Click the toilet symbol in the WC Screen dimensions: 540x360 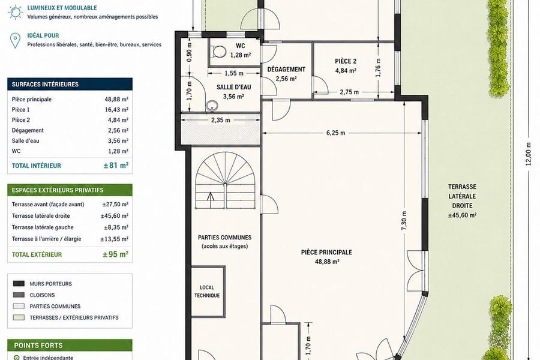pos(217,52)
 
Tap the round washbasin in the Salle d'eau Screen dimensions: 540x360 pos(211,106)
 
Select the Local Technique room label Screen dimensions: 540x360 pos(206,292)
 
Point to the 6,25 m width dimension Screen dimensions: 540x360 pos(335,133)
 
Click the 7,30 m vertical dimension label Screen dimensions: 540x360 pos(404,221)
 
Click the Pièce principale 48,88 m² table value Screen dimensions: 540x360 pos(116,99)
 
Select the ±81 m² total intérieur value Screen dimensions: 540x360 pos(116,166)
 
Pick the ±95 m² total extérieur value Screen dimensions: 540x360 pos(115,254)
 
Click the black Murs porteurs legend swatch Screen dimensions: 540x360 pos(19,284)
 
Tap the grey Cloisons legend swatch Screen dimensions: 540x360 pos(19,295)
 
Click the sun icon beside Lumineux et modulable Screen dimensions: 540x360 pos(15,12)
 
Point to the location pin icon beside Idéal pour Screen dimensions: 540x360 pos(15,41)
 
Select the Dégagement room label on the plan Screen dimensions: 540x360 pos(286,69)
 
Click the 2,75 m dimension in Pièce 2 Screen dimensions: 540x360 pos(349,92)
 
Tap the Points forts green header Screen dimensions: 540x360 pos(70,345)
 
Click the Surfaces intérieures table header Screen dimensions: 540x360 pos(70,84)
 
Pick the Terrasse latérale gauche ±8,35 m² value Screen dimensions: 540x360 pos(116,227)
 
